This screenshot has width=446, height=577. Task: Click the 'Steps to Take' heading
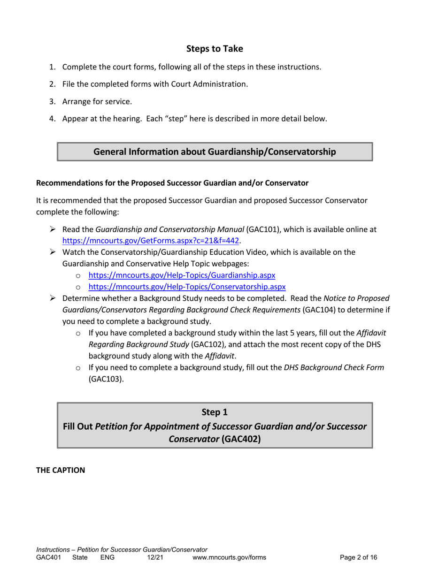[215, 49]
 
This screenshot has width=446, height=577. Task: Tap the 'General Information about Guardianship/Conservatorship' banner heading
[215, 152]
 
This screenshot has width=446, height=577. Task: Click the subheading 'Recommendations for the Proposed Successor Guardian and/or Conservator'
[172, 182]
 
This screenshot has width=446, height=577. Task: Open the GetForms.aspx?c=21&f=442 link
[151, 241]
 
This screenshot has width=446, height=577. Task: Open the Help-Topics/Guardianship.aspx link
[182, 275]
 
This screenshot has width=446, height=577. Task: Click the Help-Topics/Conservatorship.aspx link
[187, 286]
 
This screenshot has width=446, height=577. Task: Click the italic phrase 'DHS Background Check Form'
[334, 367]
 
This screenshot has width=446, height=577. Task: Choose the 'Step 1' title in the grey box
[215, 412]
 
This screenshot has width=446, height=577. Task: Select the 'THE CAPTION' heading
[61, 470]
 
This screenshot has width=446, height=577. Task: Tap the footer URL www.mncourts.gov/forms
[229, 558]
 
